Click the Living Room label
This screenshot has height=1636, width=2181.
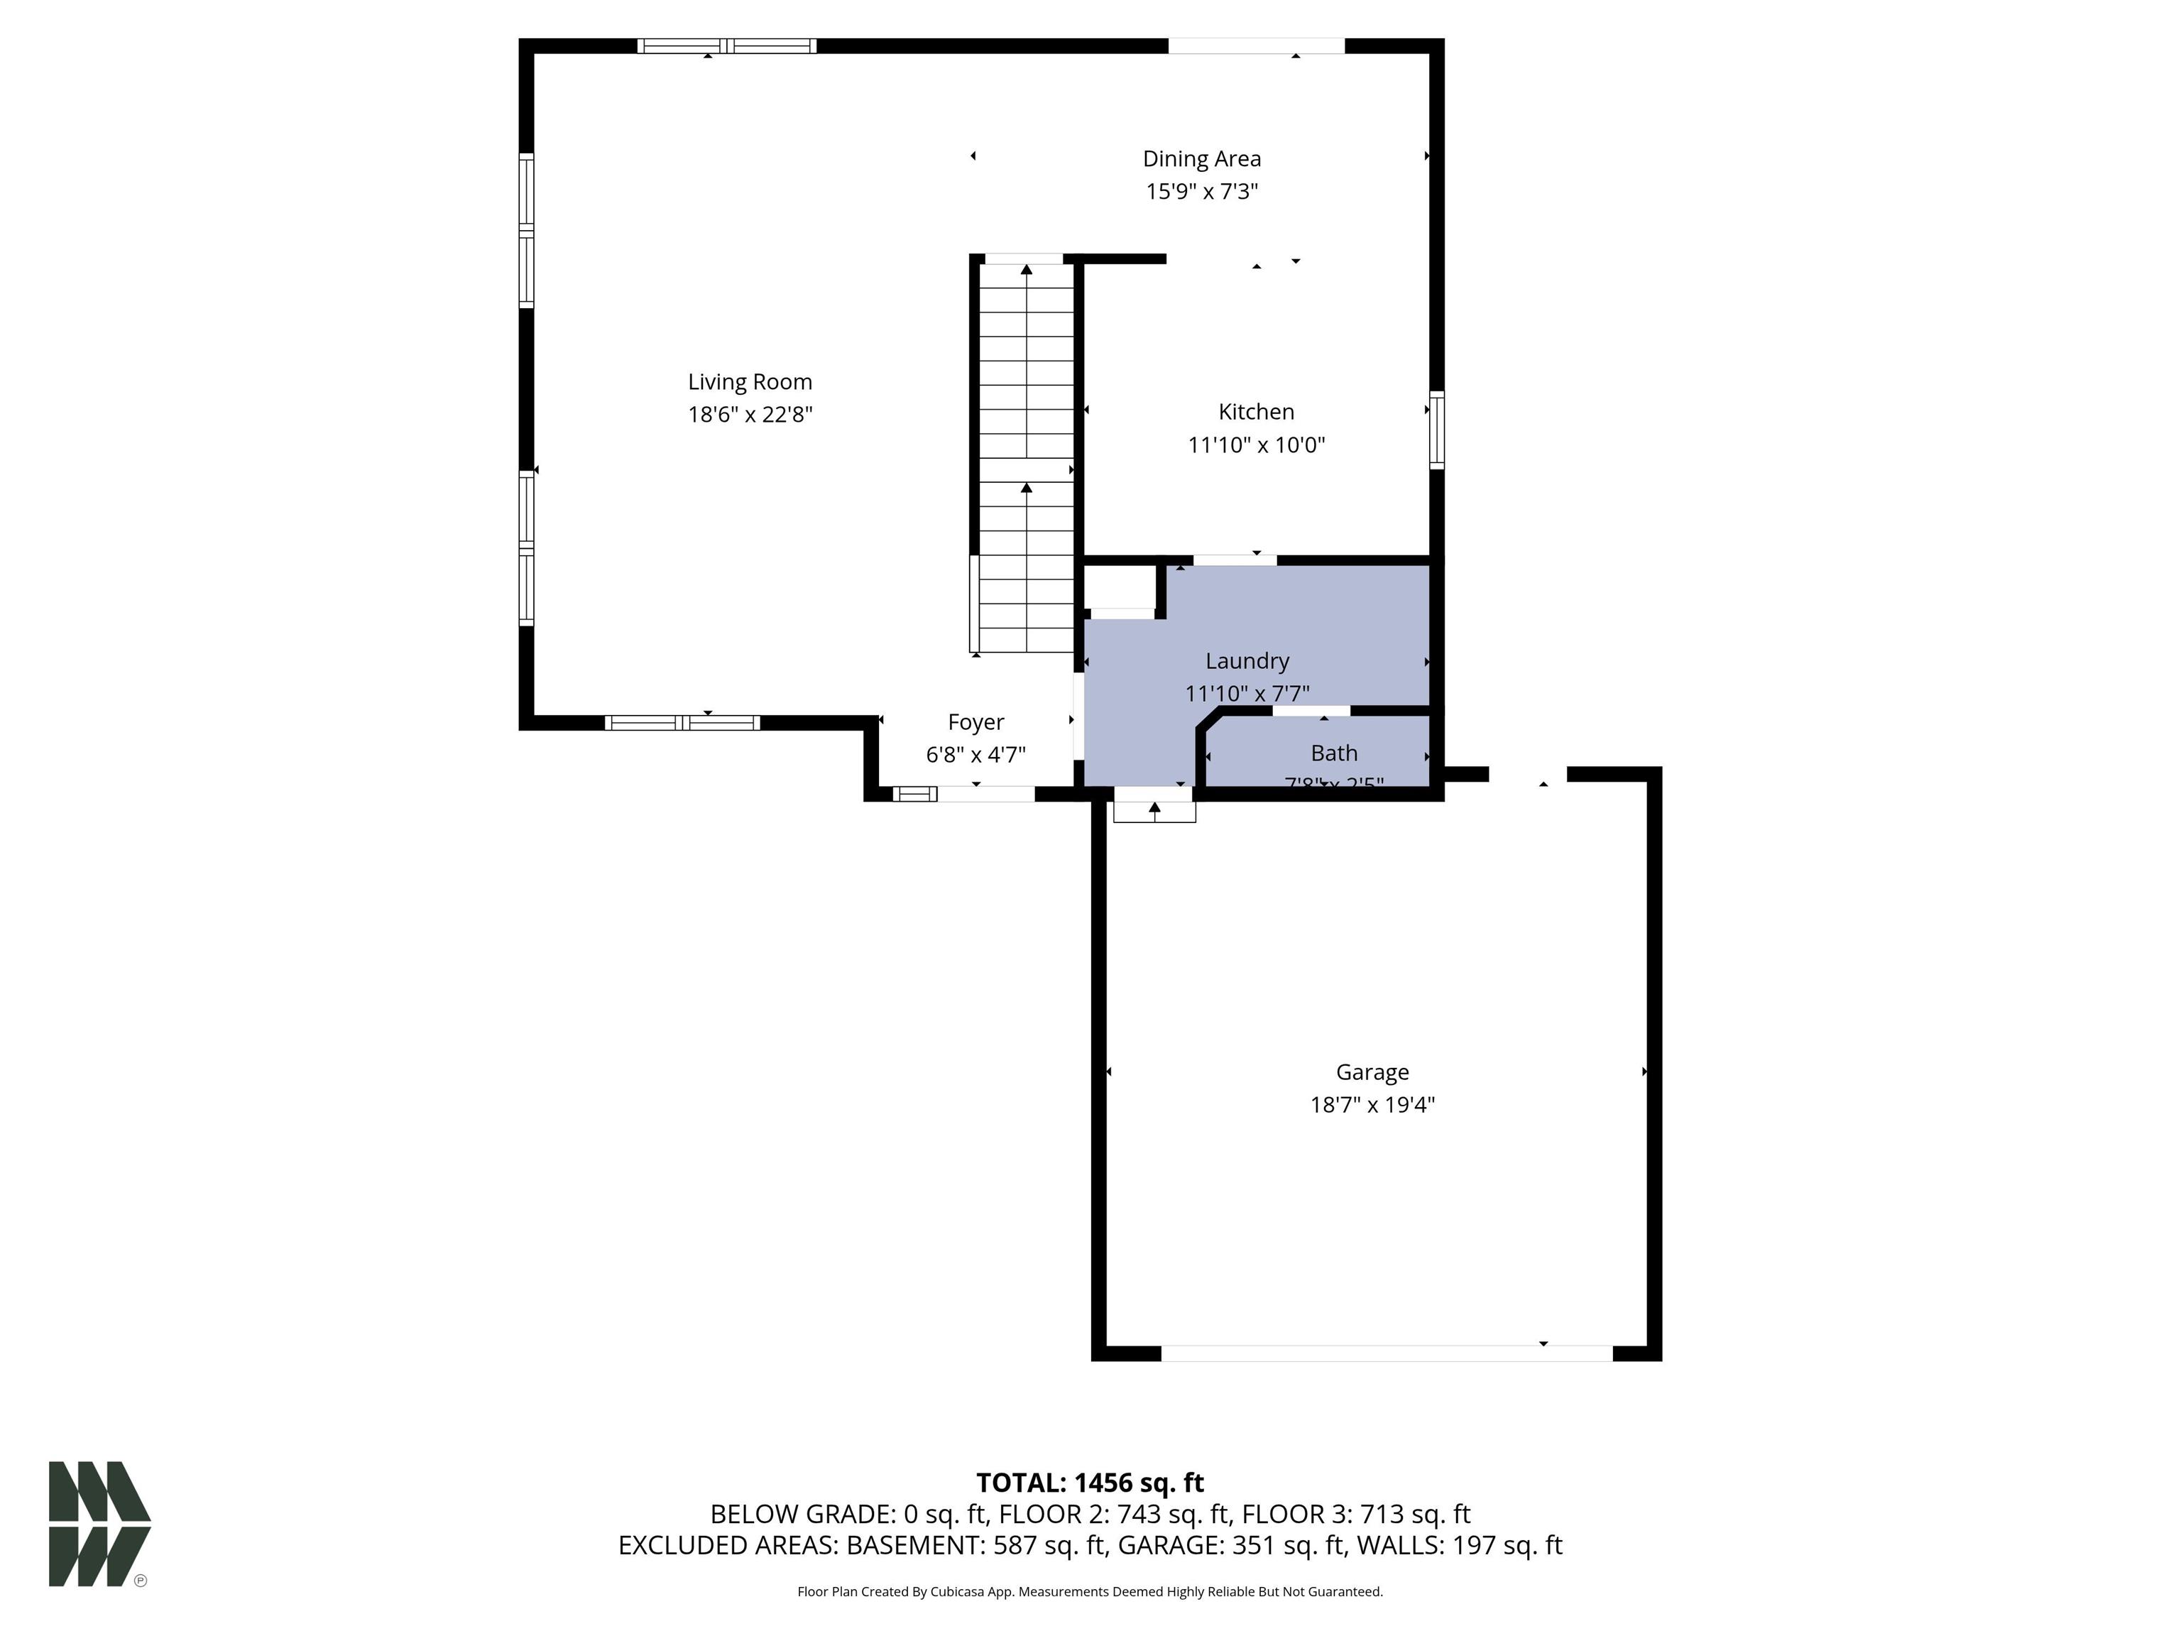tap(749, 381)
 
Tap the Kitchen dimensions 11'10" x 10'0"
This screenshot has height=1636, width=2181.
tap(1255, 445)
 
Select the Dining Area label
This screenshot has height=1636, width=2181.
tap(1201, 159)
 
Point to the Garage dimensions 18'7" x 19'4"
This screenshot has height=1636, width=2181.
tap(1372, 1104)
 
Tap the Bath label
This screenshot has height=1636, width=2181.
tap(1333, 753)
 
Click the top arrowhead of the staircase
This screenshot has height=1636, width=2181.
tap(1027, 268)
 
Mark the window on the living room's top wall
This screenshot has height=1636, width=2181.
tap(727, 45)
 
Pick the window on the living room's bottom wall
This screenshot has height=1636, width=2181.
tap(682, 723)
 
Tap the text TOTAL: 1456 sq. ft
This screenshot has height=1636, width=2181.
tap(1090, 1482)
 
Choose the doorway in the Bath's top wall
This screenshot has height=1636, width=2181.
tap(1311, 711)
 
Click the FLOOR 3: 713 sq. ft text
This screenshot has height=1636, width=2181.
tap(1356, 1514)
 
